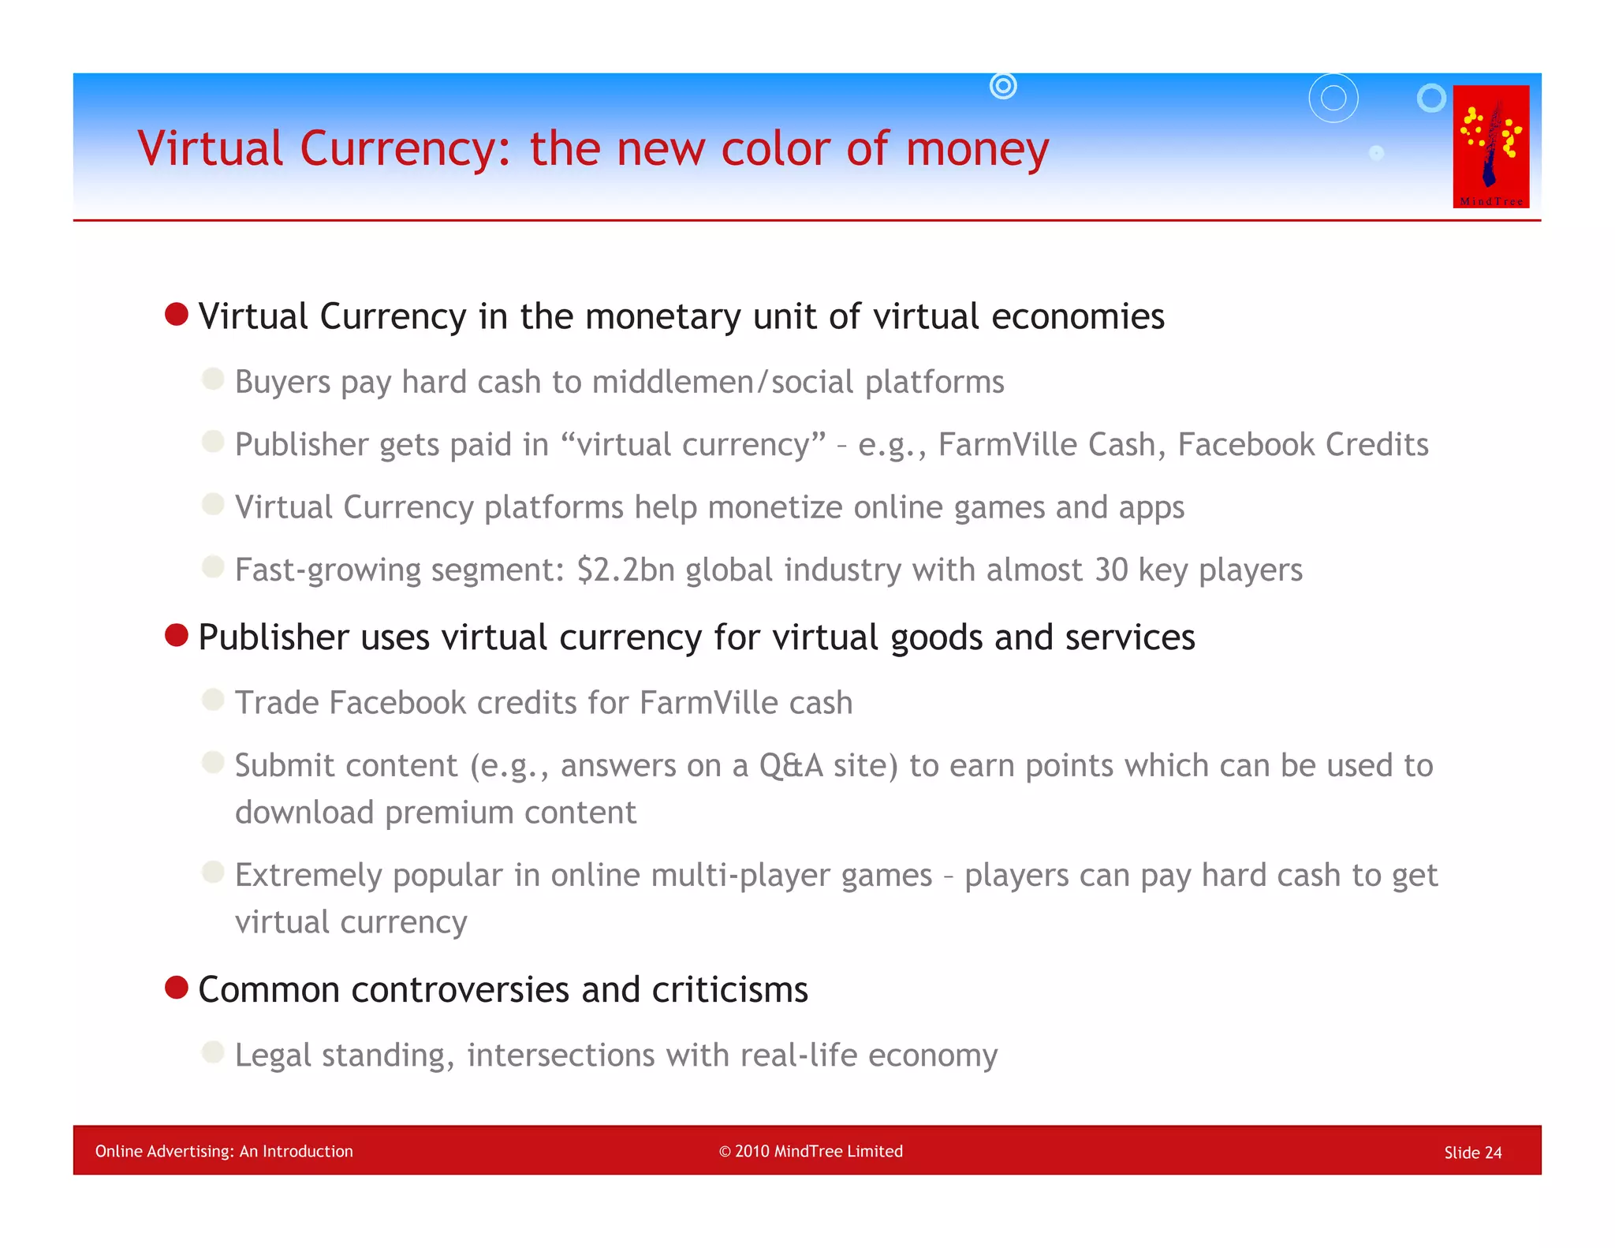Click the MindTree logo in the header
coord(1490,146)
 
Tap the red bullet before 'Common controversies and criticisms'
coord(177,987)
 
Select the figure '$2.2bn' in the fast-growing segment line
coord(625,570)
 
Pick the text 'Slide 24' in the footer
coord(1472,1153)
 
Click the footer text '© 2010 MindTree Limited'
coord(811,1151)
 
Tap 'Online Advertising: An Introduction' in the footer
coord(224,1151)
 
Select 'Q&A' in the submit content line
coord(791,765)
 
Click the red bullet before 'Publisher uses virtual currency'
coord(177,635)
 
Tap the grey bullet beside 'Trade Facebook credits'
coord(213,700)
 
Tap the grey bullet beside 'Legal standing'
coord(213,1052)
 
